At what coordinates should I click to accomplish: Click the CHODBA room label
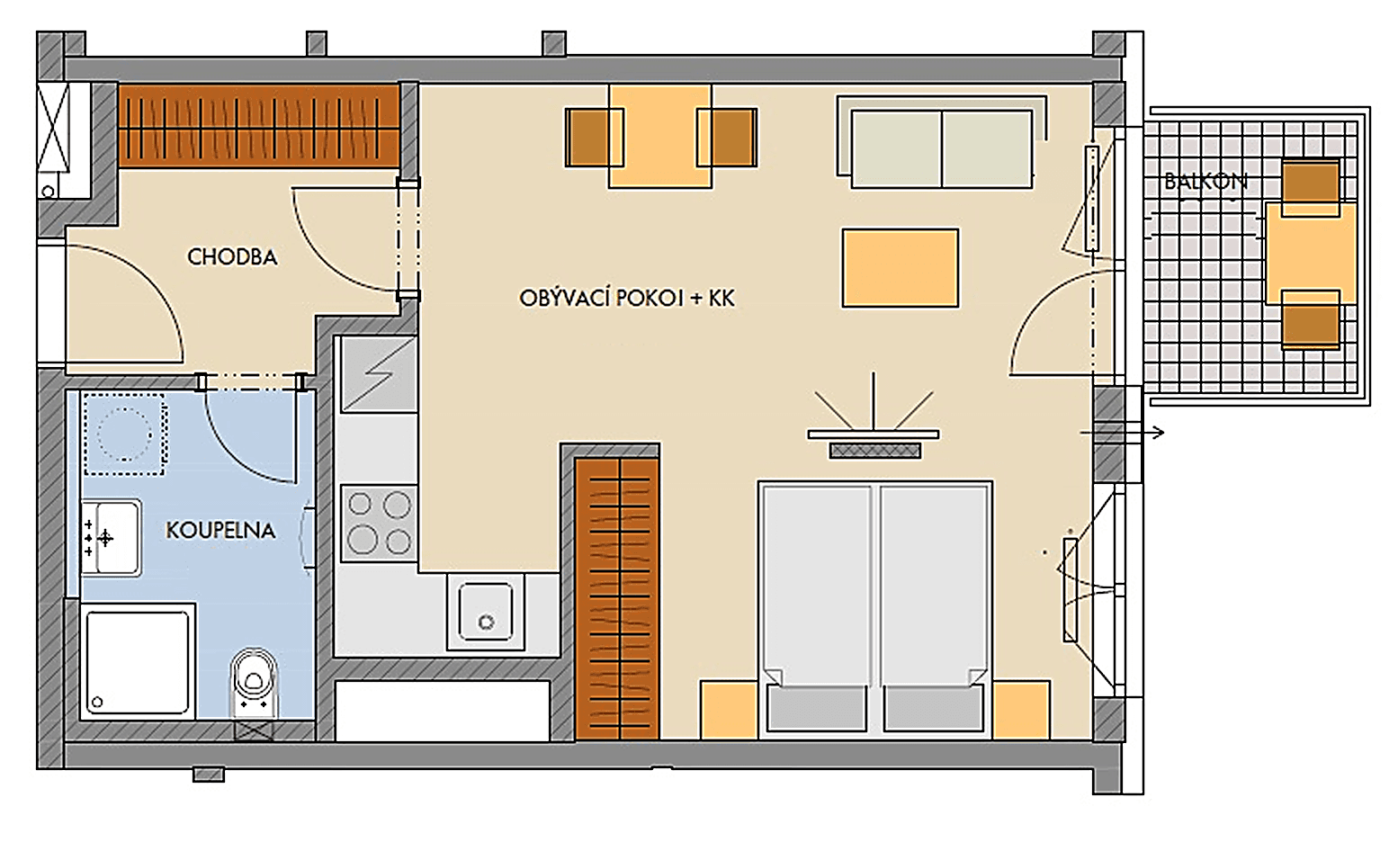pos(232,257)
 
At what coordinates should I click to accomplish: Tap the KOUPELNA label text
pos(220,531)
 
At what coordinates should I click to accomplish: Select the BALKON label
pos(1205,182)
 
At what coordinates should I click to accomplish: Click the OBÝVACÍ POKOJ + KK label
pos(627,299)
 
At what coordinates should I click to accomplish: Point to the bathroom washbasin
pos(111,537)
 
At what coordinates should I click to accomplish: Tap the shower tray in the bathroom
pos(138,662)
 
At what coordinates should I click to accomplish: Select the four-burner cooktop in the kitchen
pos(379,523)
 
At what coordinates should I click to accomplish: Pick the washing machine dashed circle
pos(124,433)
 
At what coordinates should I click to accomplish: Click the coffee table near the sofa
pos(900,267)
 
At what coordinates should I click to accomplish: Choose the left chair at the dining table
pos(593,138)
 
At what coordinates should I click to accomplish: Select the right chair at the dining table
pos(727,138)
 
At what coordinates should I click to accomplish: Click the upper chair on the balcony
pos(1310,186)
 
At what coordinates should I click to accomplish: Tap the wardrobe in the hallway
pos(259,126)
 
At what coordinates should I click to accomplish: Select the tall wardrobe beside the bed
pos(617,598)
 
